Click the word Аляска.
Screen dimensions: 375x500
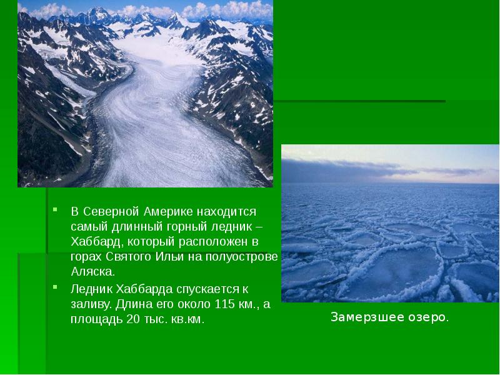coord(93,272)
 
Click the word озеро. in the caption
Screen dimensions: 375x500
coord(429,317)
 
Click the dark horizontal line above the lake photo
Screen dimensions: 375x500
coord(359,101)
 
